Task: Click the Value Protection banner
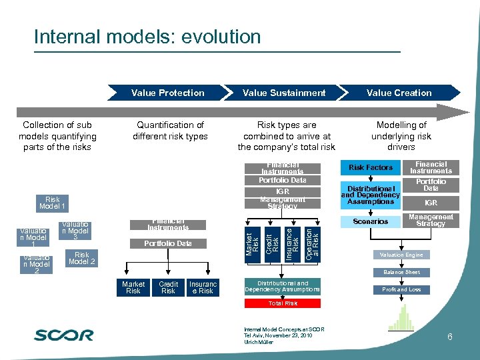click(168, 93)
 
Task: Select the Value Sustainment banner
click(284, 93)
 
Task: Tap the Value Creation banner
click(399, 93)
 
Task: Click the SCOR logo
click(64, 335)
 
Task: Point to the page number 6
click(450, 337)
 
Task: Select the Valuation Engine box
click(401, 255)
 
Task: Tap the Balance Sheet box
click(401, 272)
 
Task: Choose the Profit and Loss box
click(401, 289)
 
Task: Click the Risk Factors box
click(371, 167)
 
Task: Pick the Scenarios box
click(371, 221)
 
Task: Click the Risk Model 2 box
click(82, 258)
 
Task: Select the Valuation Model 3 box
click(76, 231)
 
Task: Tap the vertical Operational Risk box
click(312, 242)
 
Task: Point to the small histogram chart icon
click(401, 319)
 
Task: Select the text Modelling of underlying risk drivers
click(401, 136)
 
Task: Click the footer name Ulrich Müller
click(259, 342)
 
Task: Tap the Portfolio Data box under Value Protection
click(168, 243)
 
